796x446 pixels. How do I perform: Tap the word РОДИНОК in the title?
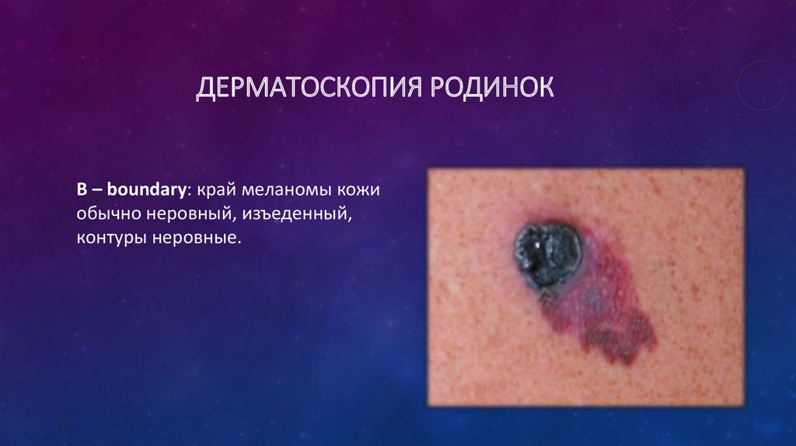(x=492, y=87)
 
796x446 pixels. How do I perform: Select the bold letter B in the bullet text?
(x=82, y=190)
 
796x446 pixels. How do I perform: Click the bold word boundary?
(x=146, y=190)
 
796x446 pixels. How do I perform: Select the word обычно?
(x=109, y=214)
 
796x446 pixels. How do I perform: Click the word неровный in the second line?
(x=191, y=214)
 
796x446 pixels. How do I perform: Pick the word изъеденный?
(x=297, y=214)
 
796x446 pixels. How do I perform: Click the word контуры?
(x=112, y=237)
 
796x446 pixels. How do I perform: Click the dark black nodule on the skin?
(x=548, y=253)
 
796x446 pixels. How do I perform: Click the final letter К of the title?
(x=545, y=87)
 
